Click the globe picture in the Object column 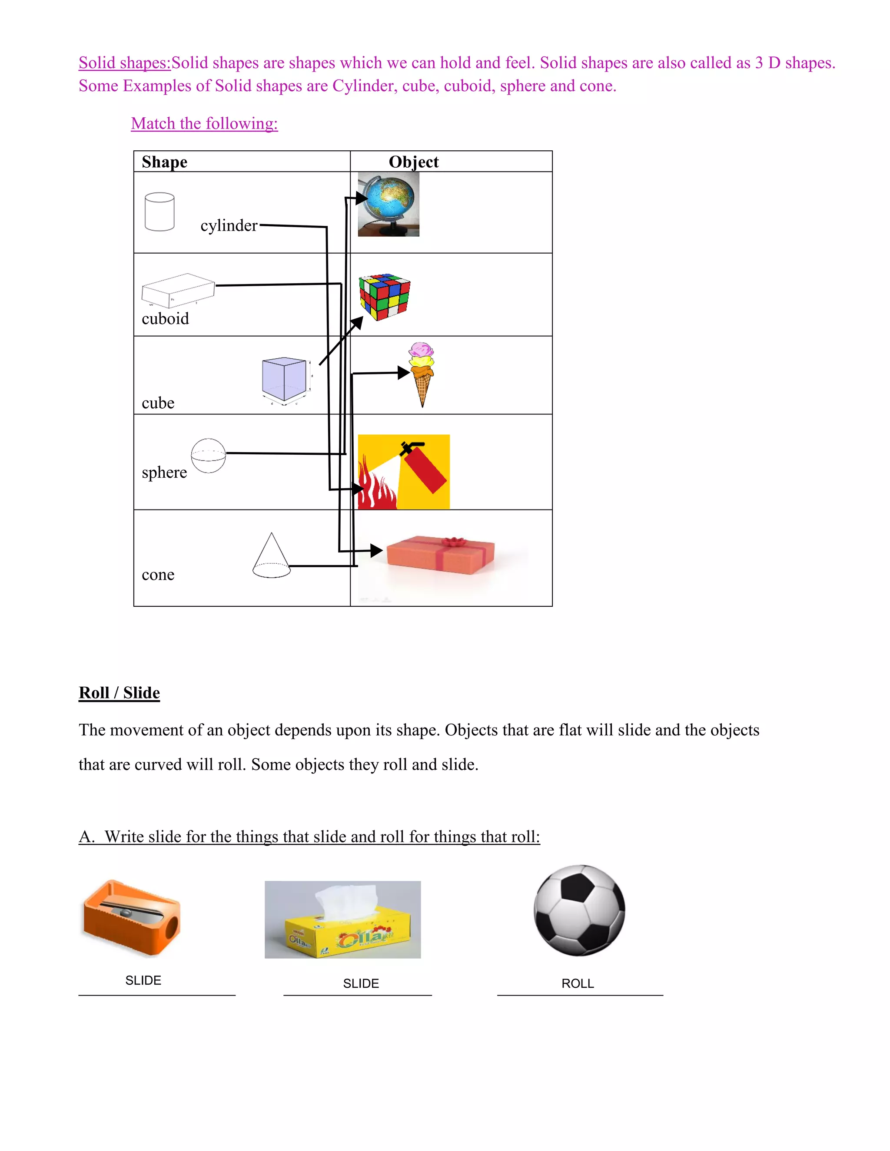pos(389,204)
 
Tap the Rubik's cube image pos(384,297)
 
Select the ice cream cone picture pos(422,374)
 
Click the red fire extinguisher pos(425,467)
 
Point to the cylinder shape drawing pos(159,212)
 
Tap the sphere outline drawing pos(208,456)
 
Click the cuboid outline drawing pos(178,290)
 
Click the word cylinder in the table pos(229,225)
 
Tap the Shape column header pos(165,162)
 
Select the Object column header pos(413,162)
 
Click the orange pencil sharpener pos(132,917)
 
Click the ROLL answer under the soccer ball pos(578,983)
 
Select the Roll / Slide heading pos(119,692)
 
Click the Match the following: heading pos(205,123)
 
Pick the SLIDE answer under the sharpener pos(143,980)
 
